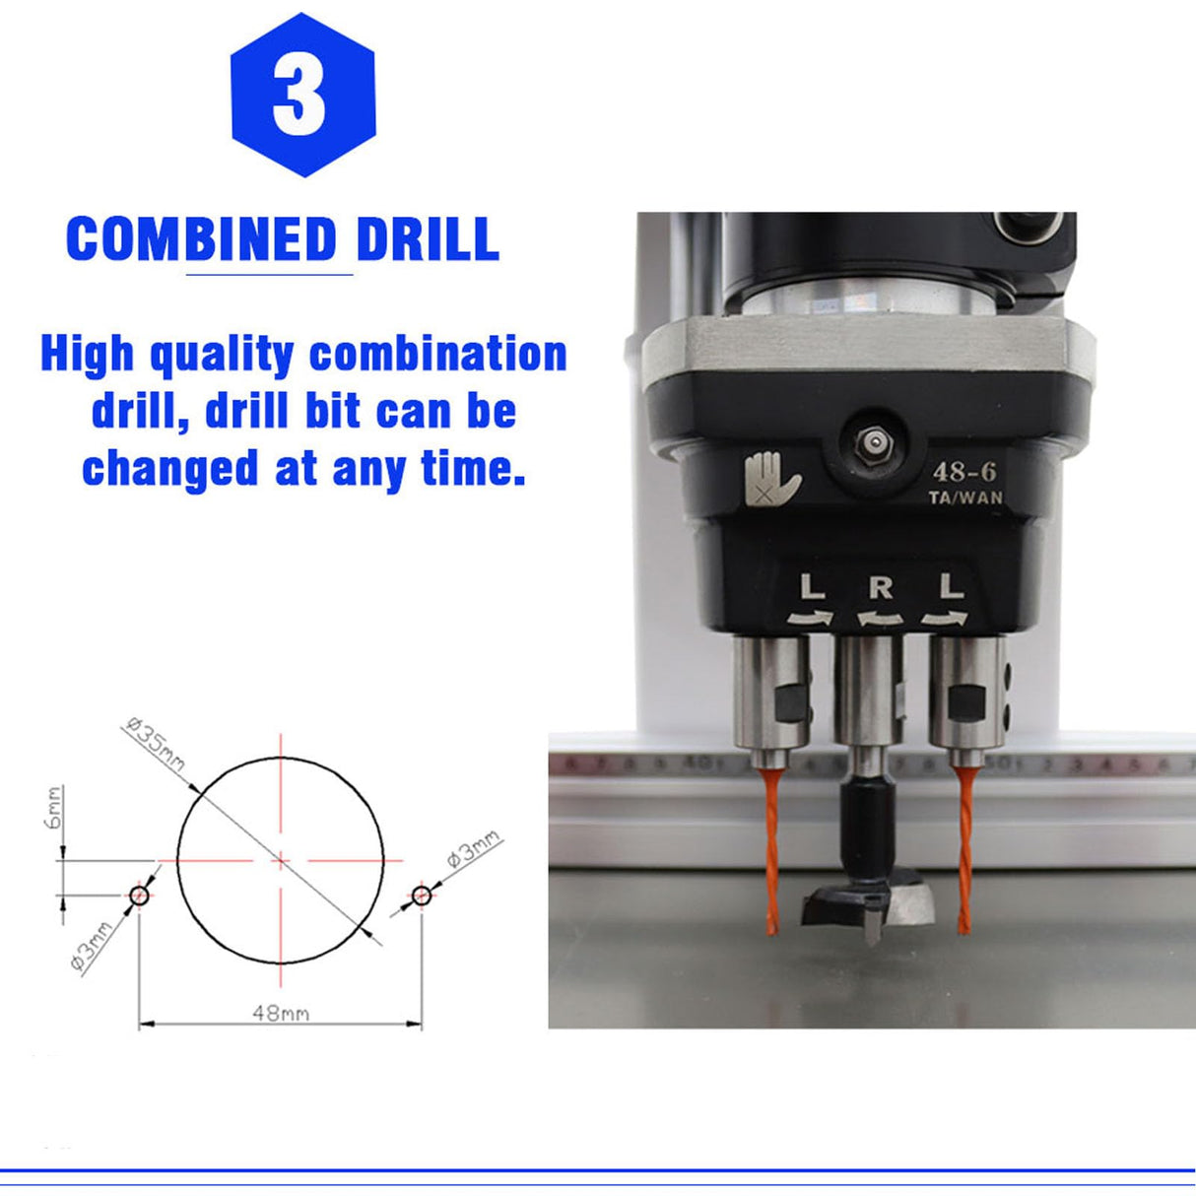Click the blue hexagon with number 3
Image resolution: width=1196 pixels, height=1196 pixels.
pyautogui.click(x=302, y=96)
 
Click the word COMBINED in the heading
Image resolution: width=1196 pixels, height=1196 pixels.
pyautogui.click(x=201, y=239)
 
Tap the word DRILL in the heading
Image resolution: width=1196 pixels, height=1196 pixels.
pyautogui.click(x=428, y=239)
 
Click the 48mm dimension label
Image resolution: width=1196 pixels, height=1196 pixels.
pyautogui.click(x=280, y=1012)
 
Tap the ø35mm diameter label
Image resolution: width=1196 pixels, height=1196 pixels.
pyautogui.click(x=157, y=746)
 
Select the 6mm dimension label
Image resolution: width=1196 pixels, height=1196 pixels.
pyautogui.click(x=55, y=807)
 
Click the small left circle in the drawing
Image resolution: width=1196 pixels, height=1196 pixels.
pyautogui.click(x=139, y=896)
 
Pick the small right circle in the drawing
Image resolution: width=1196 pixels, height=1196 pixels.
pyautogui.click(x=422, y=896)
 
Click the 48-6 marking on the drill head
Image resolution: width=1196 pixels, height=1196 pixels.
pyautogui.click(x=963, y=472)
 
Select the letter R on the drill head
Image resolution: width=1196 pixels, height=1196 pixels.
pyautogui.click(x=881, y=588)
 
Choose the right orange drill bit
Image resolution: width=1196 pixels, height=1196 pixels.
pyautogui.click(x=963, y=852)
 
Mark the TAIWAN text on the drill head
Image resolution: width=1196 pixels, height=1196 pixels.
pyautogui.click(x=965, y=498)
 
